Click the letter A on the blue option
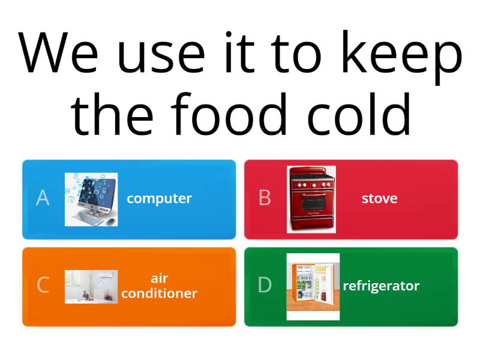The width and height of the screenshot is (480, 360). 43,198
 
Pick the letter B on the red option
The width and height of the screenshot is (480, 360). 265,198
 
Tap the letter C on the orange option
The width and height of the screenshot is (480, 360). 43,285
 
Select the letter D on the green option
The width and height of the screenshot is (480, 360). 265,286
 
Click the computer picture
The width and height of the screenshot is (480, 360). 91,199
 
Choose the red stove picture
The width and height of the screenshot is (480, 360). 311,199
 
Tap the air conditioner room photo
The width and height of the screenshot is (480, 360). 91,286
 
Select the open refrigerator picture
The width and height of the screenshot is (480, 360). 313,286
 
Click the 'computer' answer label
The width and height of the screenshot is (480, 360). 159,199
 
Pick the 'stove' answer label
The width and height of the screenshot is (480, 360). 379,199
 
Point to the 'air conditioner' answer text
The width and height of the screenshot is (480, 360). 159,286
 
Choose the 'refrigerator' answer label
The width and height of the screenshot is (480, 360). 381,286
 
